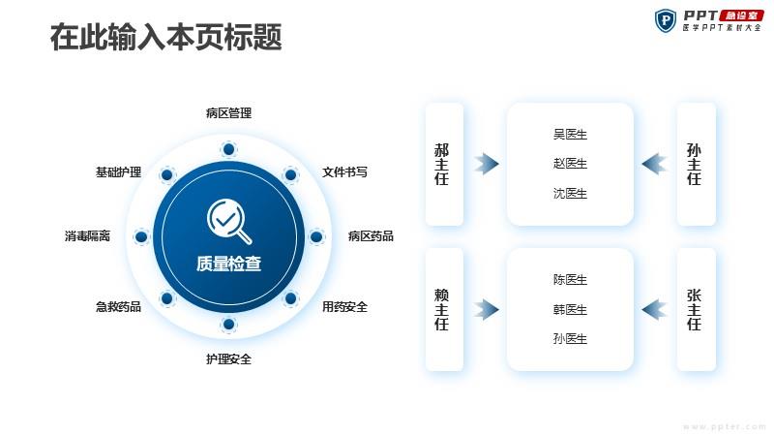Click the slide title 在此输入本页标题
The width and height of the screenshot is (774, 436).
(x=165, y=37)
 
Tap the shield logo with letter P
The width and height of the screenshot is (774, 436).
(x=666, y=20)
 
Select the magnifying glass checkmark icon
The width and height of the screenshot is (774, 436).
(x=228, y=221)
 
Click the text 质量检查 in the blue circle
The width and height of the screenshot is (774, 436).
(x=228, y=264)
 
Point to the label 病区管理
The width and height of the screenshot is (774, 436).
(x=228, y=113)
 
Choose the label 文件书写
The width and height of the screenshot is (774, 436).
(x=344, y=172)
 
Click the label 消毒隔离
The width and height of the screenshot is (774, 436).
(x=87, y=235)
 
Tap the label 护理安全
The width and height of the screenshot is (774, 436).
(x=228, y=358)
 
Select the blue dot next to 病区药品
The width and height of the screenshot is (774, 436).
(x=316, y=236)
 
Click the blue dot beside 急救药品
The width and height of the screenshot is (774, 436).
(x=166, y=298)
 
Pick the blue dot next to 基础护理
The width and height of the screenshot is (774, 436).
(x=166, y=174)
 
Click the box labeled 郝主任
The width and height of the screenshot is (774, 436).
(x=444, y=164)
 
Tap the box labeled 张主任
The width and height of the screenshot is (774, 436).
(x=696, y=309)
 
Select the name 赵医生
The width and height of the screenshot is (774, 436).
(x=570, y=164)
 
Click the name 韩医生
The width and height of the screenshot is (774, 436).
(x=570, y=309)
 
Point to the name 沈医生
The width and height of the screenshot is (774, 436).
(x=570, y=193)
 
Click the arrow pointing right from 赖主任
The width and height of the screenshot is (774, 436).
(x=487, y=309)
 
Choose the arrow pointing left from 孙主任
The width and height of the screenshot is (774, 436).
(x=655, y=164)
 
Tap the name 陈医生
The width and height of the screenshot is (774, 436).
(x=570, y=280)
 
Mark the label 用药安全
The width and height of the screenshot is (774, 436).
(x=344, y=307)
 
